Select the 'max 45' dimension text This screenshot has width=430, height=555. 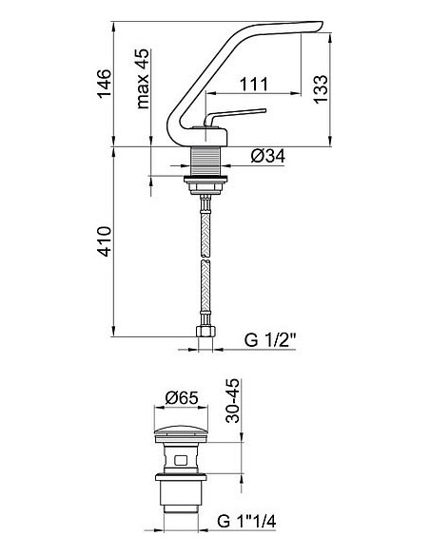click(x=144, y=82)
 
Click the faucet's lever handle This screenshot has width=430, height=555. click(x=238, y=114)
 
